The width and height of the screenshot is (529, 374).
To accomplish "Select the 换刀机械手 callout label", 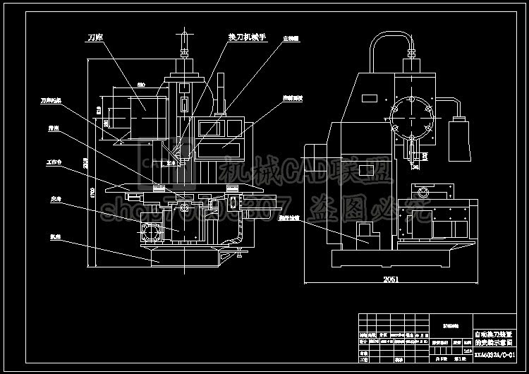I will [246, 37].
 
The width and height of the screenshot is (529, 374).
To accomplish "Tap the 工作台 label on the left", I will [54, 161].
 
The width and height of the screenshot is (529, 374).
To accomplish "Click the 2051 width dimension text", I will [390, 279].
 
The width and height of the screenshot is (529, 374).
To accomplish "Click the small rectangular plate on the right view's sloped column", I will [365, 169].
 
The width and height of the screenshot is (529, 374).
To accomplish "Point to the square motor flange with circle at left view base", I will [150, 231].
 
